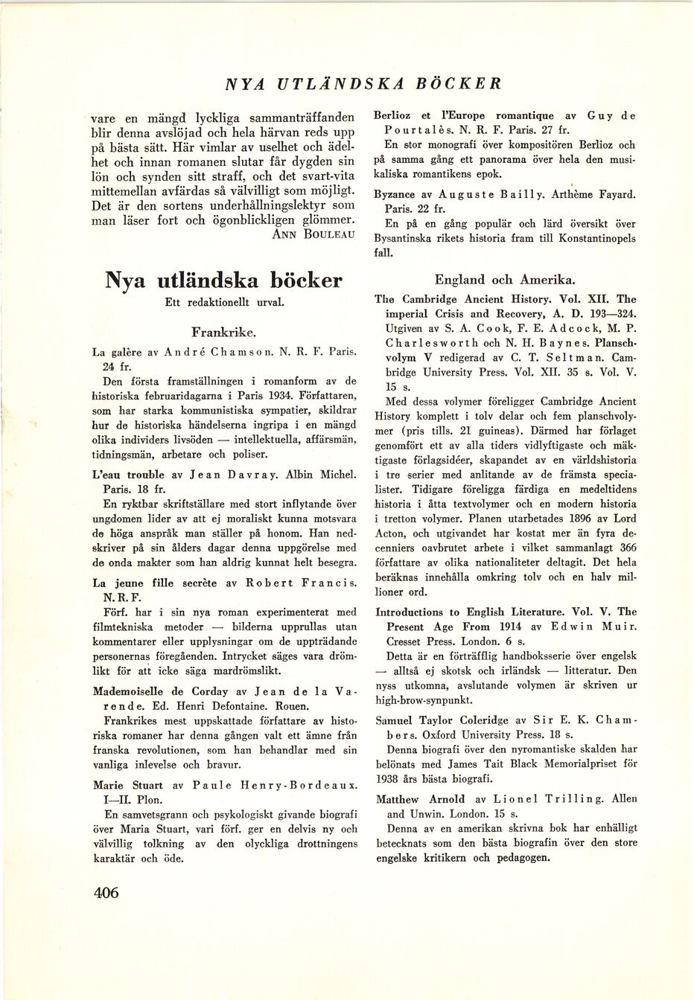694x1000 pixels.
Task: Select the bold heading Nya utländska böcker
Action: tap(223, 280)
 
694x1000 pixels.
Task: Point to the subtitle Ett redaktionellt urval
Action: tap(223, 303)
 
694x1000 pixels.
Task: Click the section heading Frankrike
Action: tap(223, 330)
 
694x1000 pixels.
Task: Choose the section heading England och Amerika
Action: tap(504, 280)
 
